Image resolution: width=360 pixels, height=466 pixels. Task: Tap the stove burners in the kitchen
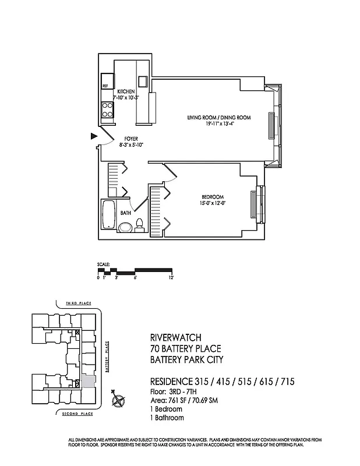(x=108, y=110)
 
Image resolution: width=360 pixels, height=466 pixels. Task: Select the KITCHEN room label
(x=126, y=92)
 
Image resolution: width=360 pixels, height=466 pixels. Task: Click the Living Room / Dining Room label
(x=218, y=118)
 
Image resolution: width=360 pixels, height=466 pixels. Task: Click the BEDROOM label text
(x=213, y=197)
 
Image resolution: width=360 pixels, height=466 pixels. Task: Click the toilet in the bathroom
(x=140, y=225)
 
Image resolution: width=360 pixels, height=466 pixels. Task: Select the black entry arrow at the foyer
(x=93, y=136)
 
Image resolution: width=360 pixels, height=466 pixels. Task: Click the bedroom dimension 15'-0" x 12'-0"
(x=213, y=203)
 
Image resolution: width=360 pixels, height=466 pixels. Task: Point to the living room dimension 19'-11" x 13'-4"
(x=218, y=124)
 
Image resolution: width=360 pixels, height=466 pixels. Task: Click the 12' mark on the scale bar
(x=172, y=278)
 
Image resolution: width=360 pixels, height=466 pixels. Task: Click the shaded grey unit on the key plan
(x=87, y=381)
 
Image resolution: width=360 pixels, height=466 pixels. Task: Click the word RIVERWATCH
(x=174, y=337)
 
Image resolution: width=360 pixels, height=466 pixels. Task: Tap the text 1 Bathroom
(x=167, y=418)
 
